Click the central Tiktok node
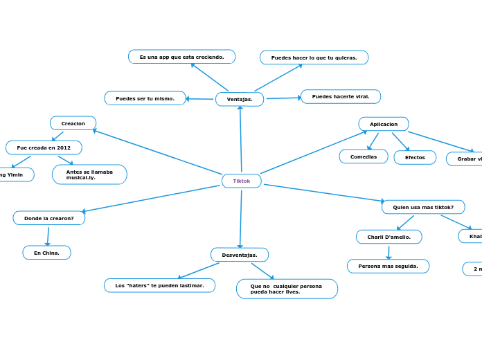pyautogui.click(x=242, y=181)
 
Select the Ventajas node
pyautogui.click(x=240, y=99)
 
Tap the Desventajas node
pyautogui.click(x=240, y=255)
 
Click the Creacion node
pyautogui.click(x=73, y=123)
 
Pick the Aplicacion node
pyautogui.click(x=384, y=124)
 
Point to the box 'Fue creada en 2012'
pyautogui.click(x=44, y=147)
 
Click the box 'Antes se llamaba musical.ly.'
pyautogui.click(x=89, y=174)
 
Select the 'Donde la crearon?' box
pyautogui.click(x=49, y=218)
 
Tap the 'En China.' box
pyautogui.click(x=47, y=253)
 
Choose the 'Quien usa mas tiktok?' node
pyautogui.click(x=423, y=207)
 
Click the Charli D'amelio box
pyautogui.click(x=389, y=237)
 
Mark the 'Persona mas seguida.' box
pyautogui.click(x=388, y=266)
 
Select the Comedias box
pyautogui.click(x=364, y=156)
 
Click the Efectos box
pyautogui.click(x=415, y=157)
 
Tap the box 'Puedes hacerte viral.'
pyautogui.click(x=341, y=96)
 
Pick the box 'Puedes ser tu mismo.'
pyautogui.click(x=145, y=98)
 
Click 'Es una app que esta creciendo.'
pyautogui.click(x=182, y=57)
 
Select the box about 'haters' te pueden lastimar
pyautogui.click(x=160, y=285)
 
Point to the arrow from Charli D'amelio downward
pyautogui.click(x=389, y=252)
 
